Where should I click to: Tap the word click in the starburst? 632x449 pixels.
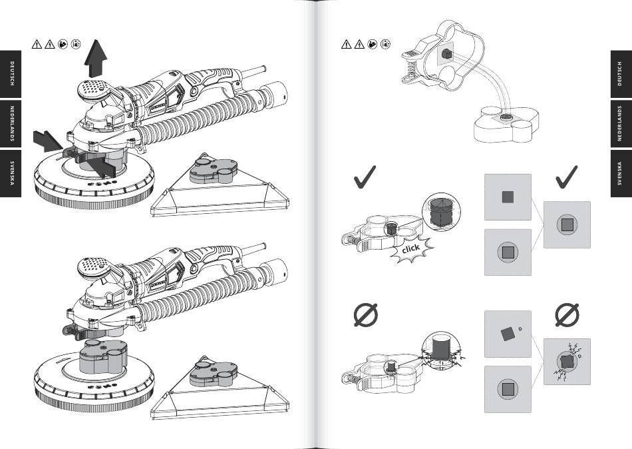click(x=410, y=249)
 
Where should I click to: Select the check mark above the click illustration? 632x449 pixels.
click(x=365, y=177)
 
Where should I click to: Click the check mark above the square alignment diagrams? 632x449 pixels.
click(x=565, y=177)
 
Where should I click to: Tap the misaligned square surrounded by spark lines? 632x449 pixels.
click(x=567, y=360)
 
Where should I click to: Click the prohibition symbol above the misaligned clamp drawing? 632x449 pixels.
click(x=365, y=315)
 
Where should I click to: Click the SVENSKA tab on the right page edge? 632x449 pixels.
click(x=619, y=175)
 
